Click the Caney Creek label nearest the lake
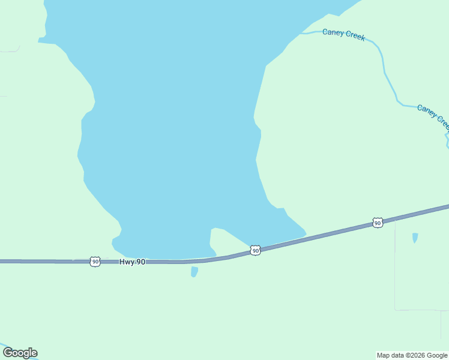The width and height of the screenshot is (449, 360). pyautogui.click(x=343, y=34)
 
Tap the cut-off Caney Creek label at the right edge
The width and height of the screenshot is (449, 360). pyautogui.click(x=433, y=115)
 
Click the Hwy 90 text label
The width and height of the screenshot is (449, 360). pyautogui.click(x=132, y=262)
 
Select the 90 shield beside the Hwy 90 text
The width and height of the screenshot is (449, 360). pyautogui.click(x=95, y=262)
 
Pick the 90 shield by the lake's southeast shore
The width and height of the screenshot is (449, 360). pyautogui.click(x=255, y=250)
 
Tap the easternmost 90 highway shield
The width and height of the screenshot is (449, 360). pyautogui.click(x=377, y=223)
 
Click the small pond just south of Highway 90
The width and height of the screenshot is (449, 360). pyautogui.click(x=194, y=272)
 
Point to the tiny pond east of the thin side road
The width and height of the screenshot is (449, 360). pyautogui.click(x=415, y=238)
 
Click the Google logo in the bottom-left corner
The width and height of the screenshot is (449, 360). pyautogui.click(x=20, y=353)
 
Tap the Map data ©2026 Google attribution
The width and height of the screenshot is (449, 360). pyautogui.click(x=412, y=355)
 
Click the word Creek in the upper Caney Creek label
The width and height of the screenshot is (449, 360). pyautogui.click(x=355, y=36)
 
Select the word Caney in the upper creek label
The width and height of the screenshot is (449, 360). pyautogui.click(x=333, y=32)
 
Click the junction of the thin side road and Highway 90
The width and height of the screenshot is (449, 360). pyautogui.click(x=395, y=218)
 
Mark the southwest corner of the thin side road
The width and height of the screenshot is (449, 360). pyautogui.click(x=396, y=310)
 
